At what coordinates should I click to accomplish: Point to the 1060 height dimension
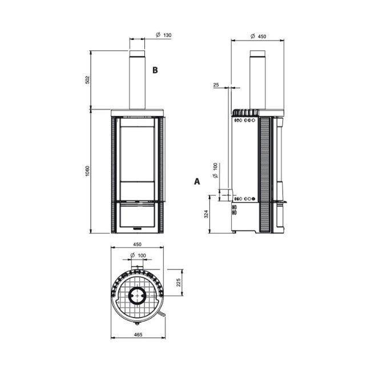coord(87,171)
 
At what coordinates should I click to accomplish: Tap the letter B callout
coord(154,70)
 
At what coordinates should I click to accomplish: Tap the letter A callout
coord(197,182)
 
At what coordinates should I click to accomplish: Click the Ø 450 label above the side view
coord(259,36)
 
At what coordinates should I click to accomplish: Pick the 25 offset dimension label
coord(216,85)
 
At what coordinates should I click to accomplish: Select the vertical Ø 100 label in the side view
coord(215,171)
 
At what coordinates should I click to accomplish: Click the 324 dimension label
coord(206,215)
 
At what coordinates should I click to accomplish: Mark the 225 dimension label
coord(179,282)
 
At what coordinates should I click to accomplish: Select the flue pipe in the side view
coord(258,80)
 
